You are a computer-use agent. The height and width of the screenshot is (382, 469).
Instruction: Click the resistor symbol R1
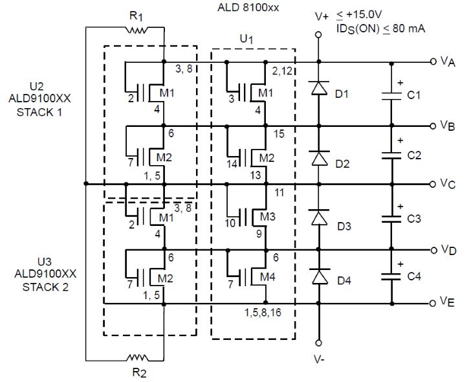(136, 30)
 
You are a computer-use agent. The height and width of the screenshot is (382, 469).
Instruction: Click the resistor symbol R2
(137, 358)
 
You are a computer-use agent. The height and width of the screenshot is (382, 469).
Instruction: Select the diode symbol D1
(319, 87)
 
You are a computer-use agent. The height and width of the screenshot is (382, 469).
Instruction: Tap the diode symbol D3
(319, 217)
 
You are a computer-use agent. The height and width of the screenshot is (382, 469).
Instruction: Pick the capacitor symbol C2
(391, 155)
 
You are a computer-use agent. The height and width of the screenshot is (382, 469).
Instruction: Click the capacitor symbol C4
(391, 276)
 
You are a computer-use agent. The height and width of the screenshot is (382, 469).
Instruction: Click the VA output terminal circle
(433, 62)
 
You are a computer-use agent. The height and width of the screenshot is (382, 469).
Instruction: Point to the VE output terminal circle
(433, 304)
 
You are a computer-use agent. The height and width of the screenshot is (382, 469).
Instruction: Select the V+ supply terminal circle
(319, 35)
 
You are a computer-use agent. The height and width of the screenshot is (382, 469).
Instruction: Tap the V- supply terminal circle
(319, 343)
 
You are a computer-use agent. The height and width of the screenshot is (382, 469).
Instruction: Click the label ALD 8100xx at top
(248, 8)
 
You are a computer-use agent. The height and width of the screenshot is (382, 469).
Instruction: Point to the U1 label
(246, 39)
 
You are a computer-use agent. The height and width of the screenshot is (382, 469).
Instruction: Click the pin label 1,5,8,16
(263, 313)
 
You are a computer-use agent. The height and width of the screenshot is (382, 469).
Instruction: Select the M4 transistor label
(268, 277)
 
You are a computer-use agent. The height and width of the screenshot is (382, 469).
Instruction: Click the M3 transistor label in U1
(268, 216)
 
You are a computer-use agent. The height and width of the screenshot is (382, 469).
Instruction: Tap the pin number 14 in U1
(232, 164)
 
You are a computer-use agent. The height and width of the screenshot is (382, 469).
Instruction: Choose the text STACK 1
(39, 112)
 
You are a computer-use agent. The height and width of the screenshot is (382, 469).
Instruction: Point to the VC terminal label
(448, 183)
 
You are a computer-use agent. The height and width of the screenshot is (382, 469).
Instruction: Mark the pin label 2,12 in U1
(282, 71)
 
